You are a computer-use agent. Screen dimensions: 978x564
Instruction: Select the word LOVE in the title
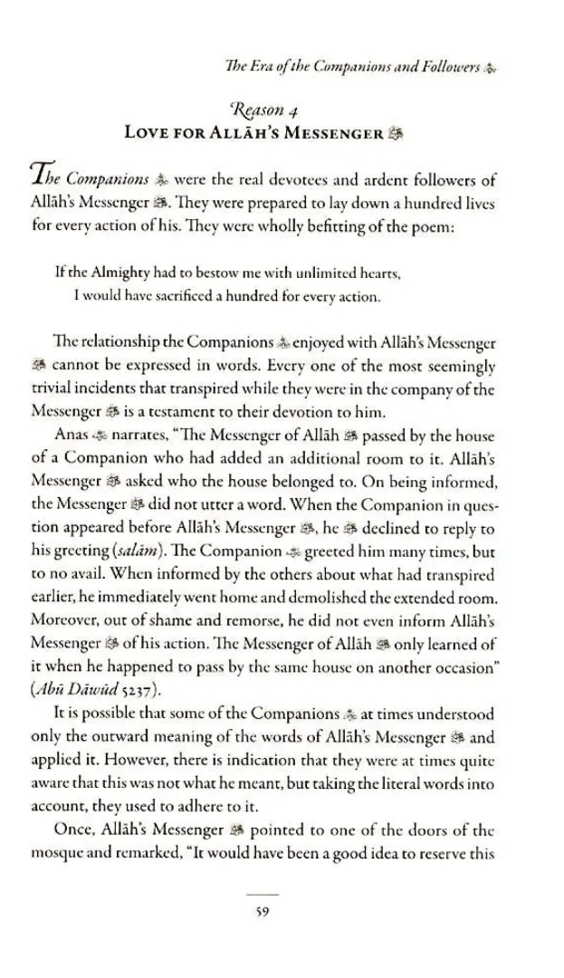point(148,135)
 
